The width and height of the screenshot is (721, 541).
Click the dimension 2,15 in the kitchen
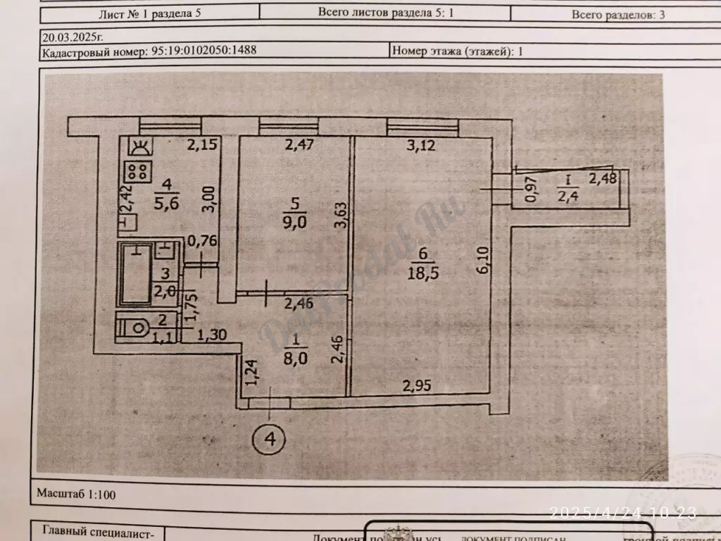coord(200,147)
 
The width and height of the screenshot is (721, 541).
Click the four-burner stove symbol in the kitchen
coord(138,172)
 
